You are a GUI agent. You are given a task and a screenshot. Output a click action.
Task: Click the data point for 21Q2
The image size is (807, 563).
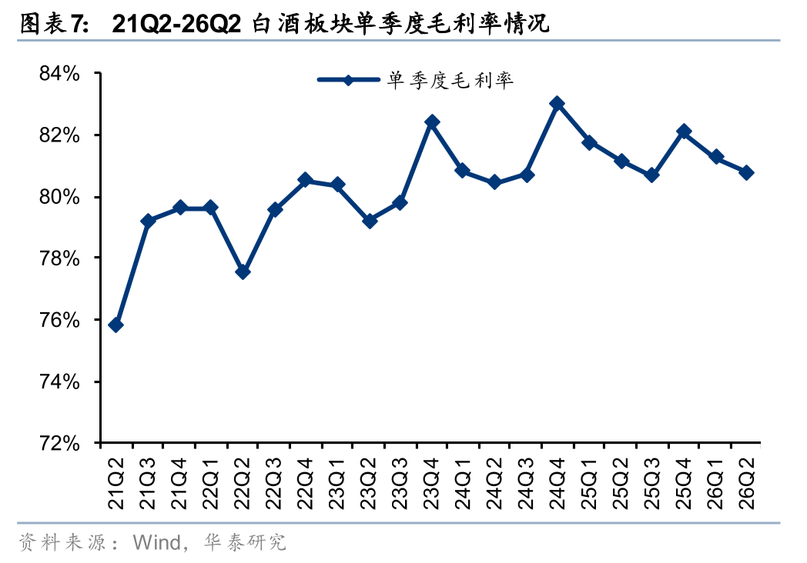116,325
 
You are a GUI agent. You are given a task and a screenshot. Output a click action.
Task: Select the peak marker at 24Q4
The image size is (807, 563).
557,104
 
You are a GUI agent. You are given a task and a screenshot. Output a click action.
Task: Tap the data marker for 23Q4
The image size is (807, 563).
432,122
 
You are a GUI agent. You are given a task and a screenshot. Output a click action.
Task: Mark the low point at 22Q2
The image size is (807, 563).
243,272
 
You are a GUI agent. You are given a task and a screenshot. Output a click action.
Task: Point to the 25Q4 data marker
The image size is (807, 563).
684,132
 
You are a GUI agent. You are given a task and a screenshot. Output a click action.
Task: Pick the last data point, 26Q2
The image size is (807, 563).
746,173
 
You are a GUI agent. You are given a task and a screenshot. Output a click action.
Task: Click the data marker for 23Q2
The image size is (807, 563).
369,221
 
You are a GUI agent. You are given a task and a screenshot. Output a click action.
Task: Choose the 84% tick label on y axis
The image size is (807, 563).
60,74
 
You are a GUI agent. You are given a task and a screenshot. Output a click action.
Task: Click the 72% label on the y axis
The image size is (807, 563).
60,443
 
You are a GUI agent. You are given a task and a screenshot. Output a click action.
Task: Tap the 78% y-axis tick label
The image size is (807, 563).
60,258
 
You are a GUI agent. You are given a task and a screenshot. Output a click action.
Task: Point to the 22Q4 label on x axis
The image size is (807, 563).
305,483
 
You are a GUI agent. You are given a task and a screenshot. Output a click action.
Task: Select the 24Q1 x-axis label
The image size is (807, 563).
464,483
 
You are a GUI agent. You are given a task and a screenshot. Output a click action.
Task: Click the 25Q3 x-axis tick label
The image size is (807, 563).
652,483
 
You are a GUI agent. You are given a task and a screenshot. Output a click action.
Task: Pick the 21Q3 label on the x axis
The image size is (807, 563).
148,483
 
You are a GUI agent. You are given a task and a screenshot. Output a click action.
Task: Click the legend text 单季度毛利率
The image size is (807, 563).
450,80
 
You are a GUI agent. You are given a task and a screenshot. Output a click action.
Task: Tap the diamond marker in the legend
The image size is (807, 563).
348,80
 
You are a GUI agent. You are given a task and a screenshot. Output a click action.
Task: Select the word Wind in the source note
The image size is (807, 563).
156,542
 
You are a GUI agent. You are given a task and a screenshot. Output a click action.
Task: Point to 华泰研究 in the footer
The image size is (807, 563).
244,542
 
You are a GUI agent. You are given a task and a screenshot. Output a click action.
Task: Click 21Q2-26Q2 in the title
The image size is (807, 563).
176,24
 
